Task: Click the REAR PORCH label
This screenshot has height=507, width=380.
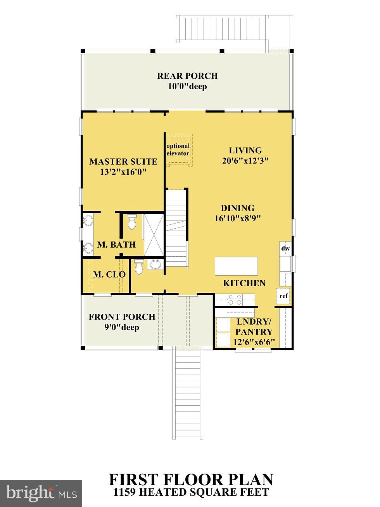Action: coord(187,76)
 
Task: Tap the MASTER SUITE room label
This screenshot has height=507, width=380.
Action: coord(123,161)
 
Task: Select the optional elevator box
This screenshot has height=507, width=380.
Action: coord(178,150)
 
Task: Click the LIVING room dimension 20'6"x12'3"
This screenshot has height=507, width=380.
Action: coord(245,161)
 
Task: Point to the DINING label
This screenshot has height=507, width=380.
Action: coord(237,208)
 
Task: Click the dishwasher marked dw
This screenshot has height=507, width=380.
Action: coord(285,248)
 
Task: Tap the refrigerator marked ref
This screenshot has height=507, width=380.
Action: coord(284,296)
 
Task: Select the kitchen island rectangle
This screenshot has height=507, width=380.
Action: coord(237,266)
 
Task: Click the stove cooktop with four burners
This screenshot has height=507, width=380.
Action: coord(234,299)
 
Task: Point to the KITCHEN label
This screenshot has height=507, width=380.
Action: coord(244,283)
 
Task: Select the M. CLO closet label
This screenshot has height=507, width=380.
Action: coord(109,274)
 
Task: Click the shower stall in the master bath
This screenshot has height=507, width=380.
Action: coord(154,234)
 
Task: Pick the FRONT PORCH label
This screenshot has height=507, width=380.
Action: coord(122,317)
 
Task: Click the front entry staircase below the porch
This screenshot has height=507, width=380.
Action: coord(188,392)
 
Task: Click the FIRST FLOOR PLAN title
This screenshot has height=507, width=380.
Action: coord(191,479)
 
